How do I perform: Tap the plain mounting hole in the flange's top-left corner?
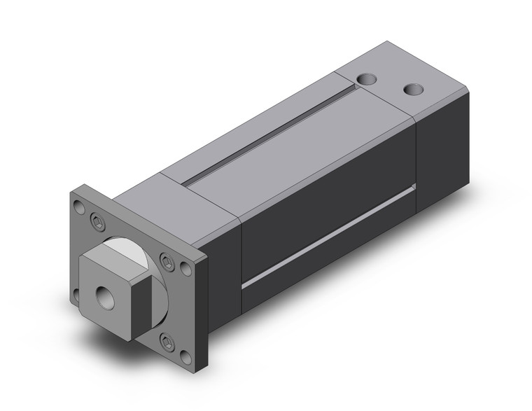pyautogui.click(x=78, y=207)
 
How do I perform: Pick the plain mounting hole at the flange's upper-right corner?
pyautogui.click(x=185, y=267)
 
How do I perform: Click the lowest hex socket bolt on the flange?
pyautogui.click(x=166, y=342)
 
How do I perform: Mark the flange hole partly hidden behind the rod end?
pyautogui.click(x=78, y=286)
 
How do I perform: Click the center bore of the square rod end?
pyautogui.click(x=106, y=295)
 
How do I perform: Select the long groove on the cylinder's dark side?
pyautogui.click(x=329, y=235)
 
